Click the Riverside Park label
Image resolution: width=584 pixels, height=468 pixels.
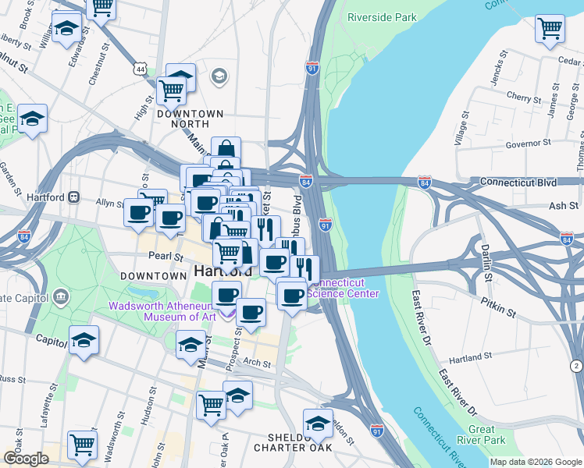[x=382, y=17]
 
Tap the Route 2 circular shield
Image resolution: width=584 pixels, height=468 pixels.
[x=575, y=366]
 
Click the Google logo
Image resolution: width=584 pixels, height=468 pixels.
[x=26, y=458]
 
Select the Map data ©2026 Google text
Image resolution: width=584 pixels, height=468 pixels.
[x=536, y=462]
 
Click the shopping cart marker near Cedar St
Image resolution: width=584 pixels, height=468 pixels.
[x=550, y=29]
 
